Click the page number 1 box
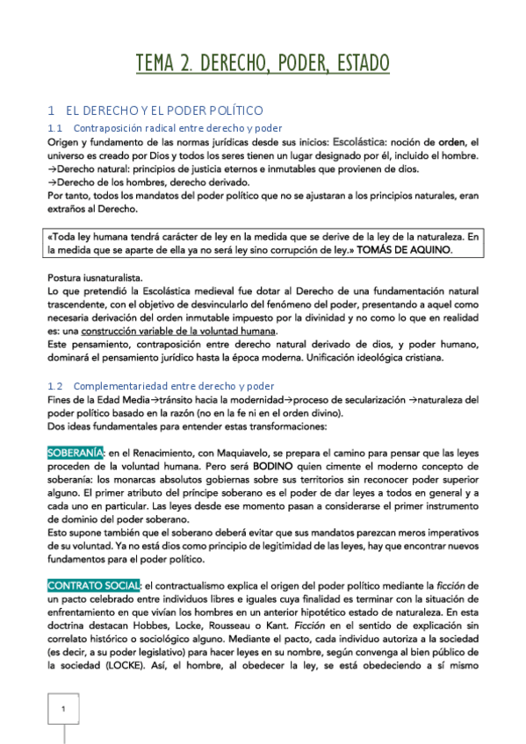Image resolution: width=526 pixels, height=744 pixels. coord(63,708)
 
